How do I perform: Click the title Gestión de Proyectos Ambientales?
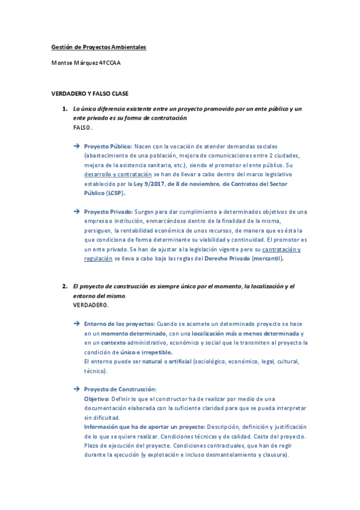click(99, 47)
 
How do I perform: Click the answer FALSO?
click(83, 128)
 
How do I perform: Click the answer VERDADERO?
click(91, 306)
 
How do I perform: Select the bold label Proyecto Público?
click(108, 146)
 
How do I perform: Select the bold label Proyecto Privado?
click(108, 212)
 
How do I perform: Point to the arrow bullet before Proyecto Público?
click(76, 146)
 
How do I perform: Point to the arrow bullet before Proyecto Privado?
click(76, 212)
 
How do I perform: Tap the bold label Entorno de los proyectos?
click(120, 324)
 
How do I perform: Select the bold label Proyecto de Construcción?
click(120, 389)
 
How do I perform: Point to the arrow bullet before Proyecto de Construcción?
click(76, 389)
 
